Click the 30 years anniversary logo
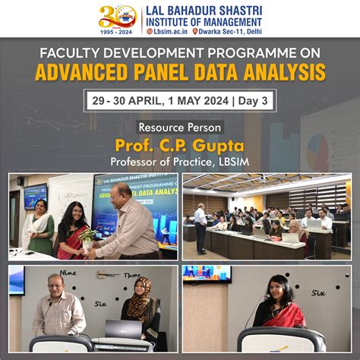click(x=117, y=15)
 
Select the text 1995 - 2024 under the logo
click(x=117, y=31)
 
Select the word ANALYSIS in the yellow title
click(x=285, y=73)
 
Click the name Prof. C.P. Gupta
click(x=179, y=144)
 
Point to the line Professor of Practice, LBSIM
click(x=179, y=161)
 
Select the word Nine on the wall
click(x=68, y=273)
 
